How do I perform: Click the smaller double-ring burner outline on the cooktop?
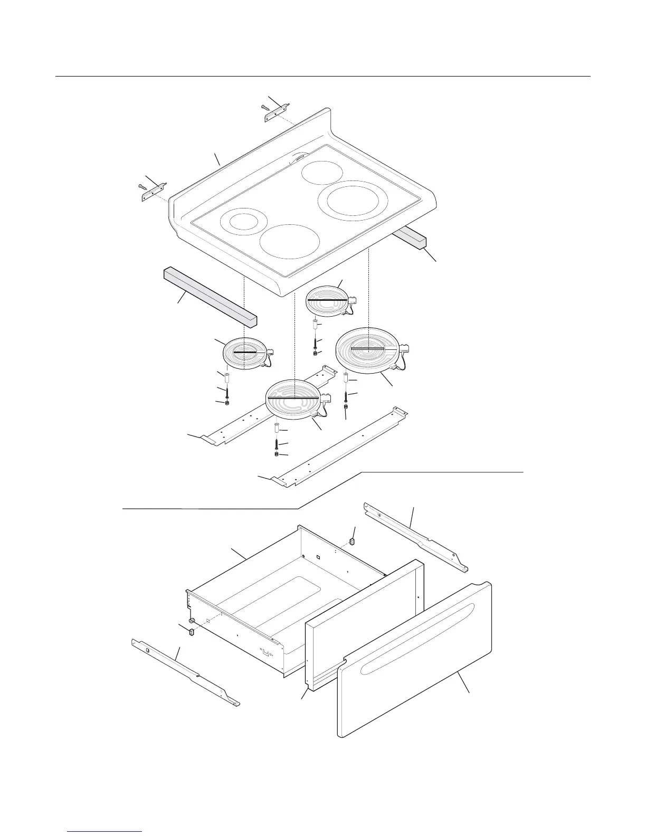(244, 222)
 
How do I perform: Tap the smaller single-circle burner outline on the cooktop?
(321, 171)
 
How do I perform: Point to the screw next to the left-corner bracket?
(142, 186)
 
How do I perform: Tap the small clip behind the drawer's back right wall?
(352, 541)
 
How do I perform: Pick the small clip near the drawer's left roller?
(191, 630)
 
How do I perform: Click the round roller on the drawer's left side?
(192, 620)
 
